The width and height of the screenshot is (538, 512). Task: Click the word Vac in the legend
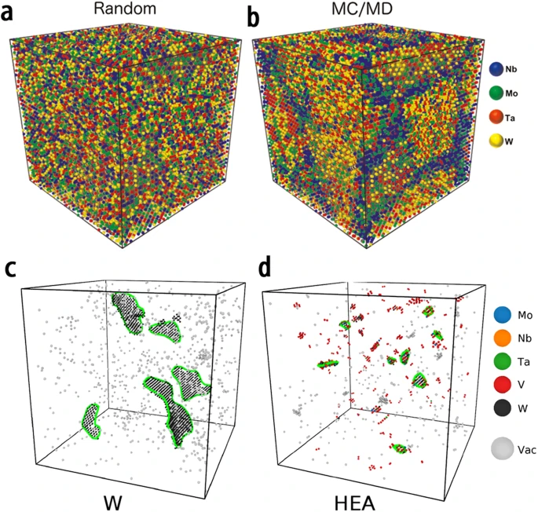click(x=524, y=450)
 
